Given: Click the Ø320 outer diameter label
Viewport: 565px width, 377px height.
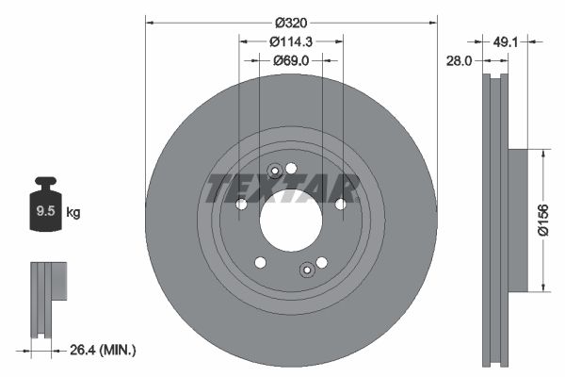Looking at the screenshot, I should coord(290,21).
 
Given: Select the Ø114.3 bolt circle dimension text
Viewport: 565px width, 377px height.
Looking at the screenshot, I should coord(290,41).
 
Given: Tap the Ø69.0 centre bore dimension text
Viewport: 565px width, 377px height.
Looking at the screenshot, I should coord(290,61).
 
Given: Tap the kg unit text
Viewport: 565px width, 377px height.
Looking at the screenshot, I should coord(73,213).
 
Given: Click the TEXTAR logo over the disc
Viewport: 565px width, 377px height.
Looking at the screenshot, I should coord(282,187).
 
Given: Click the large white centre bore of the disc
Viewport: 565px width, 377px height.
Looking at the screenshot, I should coord(290,226).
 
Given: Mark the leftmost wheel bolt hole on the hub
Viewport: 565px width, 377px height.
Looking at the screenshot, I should coord(241,205).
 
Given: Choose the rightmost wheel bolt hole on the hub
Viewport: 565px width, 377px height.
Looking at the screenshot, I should coord(341,203).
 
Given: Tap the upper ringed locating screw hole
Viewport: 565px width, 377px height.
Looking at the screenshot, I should coord(274,171).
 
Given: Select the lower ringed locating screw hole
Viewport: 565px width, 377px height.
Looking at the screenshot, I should coord(306,271).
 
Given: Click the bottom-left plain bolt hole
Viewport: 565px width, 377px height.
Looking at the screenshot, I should coord(261,263).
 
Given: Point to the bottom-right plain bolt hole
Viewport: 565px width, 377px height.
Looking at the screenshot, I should coord(321,263).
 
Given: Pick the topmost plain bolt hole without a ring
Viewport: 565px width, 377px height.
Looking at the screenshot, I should coord(291,168).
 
